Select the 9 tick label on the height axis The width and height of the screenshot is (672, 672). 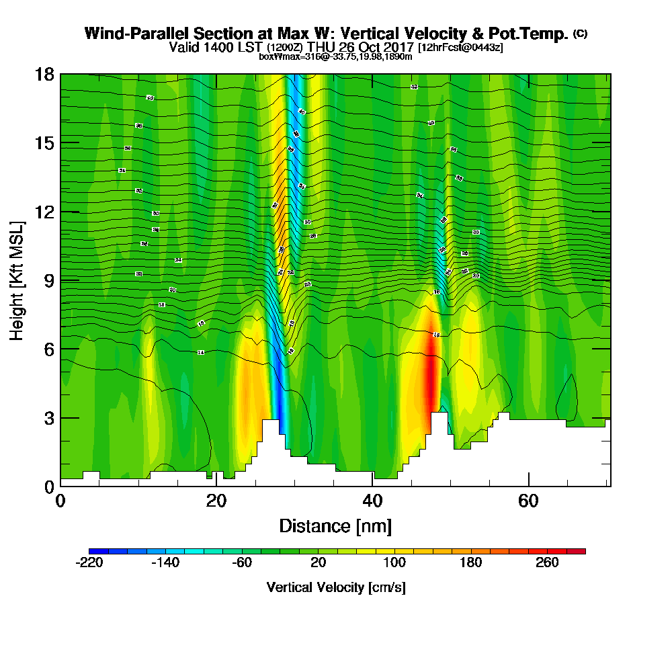[x=44, y=280]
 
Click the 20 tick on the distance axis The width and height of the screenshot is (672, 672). [x=216, y=486]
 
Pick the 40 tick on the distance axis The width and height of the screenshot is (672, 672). [x=372, y=486]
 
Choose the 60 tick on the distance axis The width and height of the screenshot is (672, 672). [x=529, y=486]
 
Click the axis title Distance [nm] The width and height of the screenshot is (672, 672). [x=335, y=526]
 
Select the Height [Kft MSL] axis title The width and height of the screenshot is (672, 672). [x=18, y=280]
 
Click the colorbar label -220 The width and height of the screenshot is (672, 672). [x=89, y=562]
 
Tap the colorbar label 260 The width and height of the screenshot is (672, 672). [x=547, y=562]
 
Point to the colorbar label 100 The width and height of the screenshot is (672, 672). [x=394, y=562]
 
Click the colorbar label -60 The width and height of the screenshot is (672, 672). [x=242, y=562]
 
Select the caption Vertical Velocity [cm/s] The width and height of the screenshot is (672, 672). [x=336, y=587]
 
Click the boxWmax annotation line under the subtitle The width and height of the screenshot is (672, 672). [x=335, y=56]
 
